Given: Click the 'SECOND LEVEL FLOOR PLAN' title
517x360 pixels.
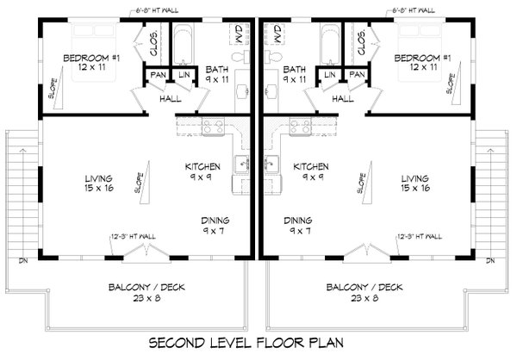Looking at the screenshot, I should pyautogui.click(x=258, y=342).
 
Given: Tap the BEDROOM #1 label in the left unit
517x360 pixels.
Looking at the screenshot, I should pyautogui.click(x=90, y=63).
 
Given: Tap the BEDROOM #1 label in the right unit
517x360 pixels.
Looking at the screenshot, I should pyautogui.click(x=421, y=63).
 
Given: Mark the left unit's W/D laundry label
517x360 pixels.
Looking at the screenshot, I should pyautogui.click(x=238, y=34).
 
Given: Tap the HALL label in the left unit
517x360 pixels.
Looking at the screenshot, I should pyautogui.click(x=171, y=99).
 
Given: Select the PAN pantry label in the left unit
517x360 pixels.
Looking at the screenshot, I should pyautogui.click(x=159, y=76).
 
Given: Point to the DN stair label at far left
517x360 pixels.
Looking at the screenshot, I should pyautogui.click(x=23, y=260).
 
